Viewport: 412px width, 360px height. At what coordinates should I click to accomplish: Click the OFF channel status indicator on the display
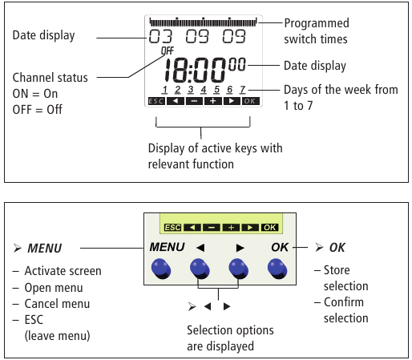168,51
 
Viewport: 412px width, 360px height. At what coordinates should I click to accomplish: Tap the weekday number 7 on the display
243,90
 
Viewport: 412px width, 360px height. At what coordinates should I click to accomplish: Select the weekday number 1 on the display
164,90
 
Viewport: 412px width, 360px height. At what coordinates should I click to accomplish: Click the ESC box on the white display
156,101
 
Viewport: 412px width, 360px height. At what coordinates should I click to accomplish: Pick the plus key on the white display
213,101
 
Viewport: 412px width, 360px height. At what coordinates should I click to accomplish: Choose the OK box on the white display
250,101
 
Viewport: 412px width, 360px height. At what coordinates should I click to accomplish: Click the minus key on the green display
212,228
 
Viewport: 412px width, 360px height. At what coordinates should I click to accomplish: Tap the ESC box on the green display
172,228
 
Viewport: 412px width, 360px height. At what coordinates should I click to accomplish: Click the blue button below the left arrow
200,269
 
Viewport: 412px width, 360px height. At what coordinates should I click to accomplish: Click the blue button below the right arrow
239,269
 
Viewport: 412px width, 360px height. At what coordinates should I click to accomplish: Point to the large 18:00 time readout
194,70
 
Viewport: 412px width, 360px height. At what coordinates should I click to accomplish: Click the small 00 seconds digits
236,64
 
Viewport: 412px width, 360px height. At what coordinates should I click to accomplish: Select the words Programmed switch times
317,31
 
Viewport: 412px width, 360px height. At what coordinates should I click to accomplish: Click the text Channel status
50,78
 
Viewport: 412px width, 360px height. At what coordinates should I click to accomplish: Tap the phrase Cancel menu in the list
57,304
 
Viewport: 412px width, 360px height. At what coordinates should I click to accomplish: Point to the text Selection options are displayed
230,338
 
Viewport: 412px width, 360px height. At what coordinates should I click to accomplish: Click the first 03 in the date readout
160,36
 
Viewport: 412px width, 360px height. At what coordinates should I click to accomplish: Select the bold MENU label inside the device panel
167,247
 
